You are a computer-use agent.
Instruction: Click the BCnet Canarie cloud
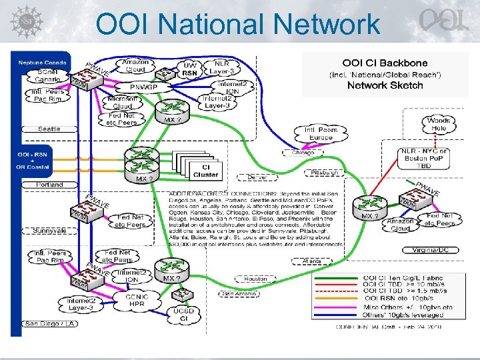coord(48,75)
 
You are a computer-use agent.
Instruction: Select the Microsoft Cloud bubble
coord(123,102)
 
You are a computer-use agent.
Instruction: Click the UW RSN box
coord(190,68)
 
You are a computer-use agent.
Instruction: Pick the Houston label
coord(255,279)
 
